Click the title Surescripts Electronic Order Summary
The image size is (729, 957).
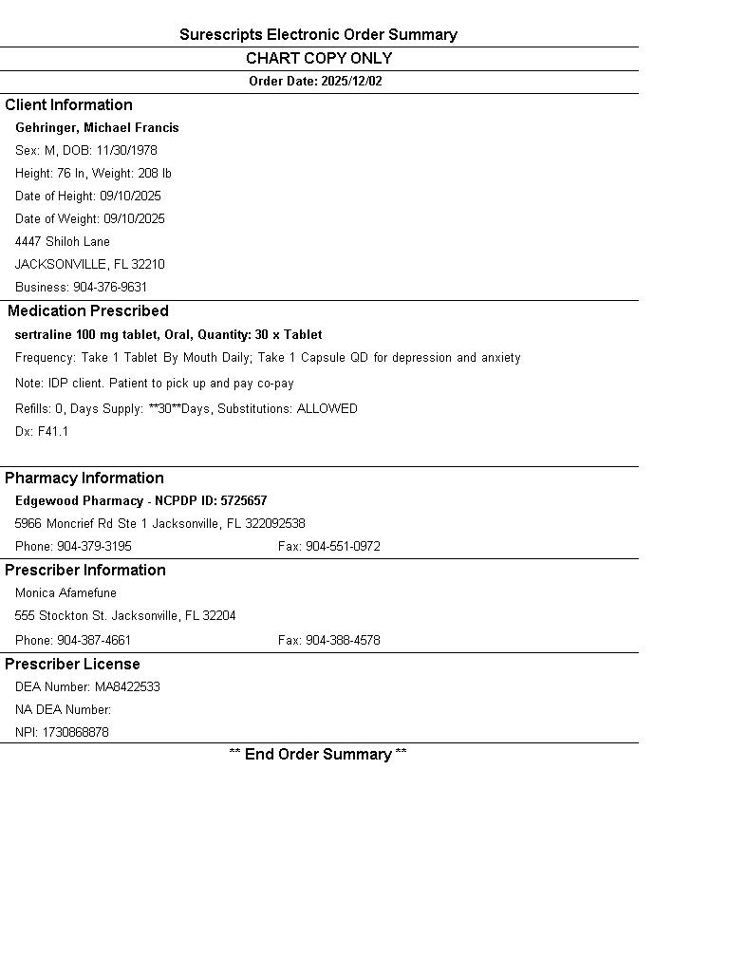tap(318, 35)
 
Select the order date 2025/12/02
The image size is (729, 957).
tap(351, 81)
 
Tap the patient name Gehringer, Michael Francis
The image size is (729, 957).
tap(97, 127)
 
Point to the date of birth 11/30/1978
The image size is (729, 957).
tap(126, 150)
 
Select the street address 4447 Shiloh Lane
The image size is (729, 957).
tap(63, 241)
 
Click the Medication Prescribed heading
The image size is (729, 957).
tap(88, 310)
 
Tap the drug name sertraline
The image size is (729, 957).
tap(43, 334)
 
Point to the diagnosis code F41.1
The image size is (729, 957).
tap(53, 431)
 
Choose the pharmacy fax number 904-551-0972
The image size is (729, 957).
tap(343, 546)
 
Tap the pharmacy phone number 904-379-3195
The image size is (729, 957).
tap(94, 546)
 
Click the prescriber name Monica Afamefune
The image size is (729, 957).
tap(65, 592)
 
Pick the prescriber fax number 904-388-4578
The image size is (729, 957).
tap(343, 640)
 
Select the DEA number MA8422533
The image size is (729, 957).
tap(127, 686)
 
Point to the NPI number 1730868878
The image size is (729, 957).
tap(75, 732)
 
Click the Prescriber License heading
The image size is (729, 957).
tap(72, 664)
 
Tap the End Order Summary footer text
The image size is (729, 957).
tap(318, 754)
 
